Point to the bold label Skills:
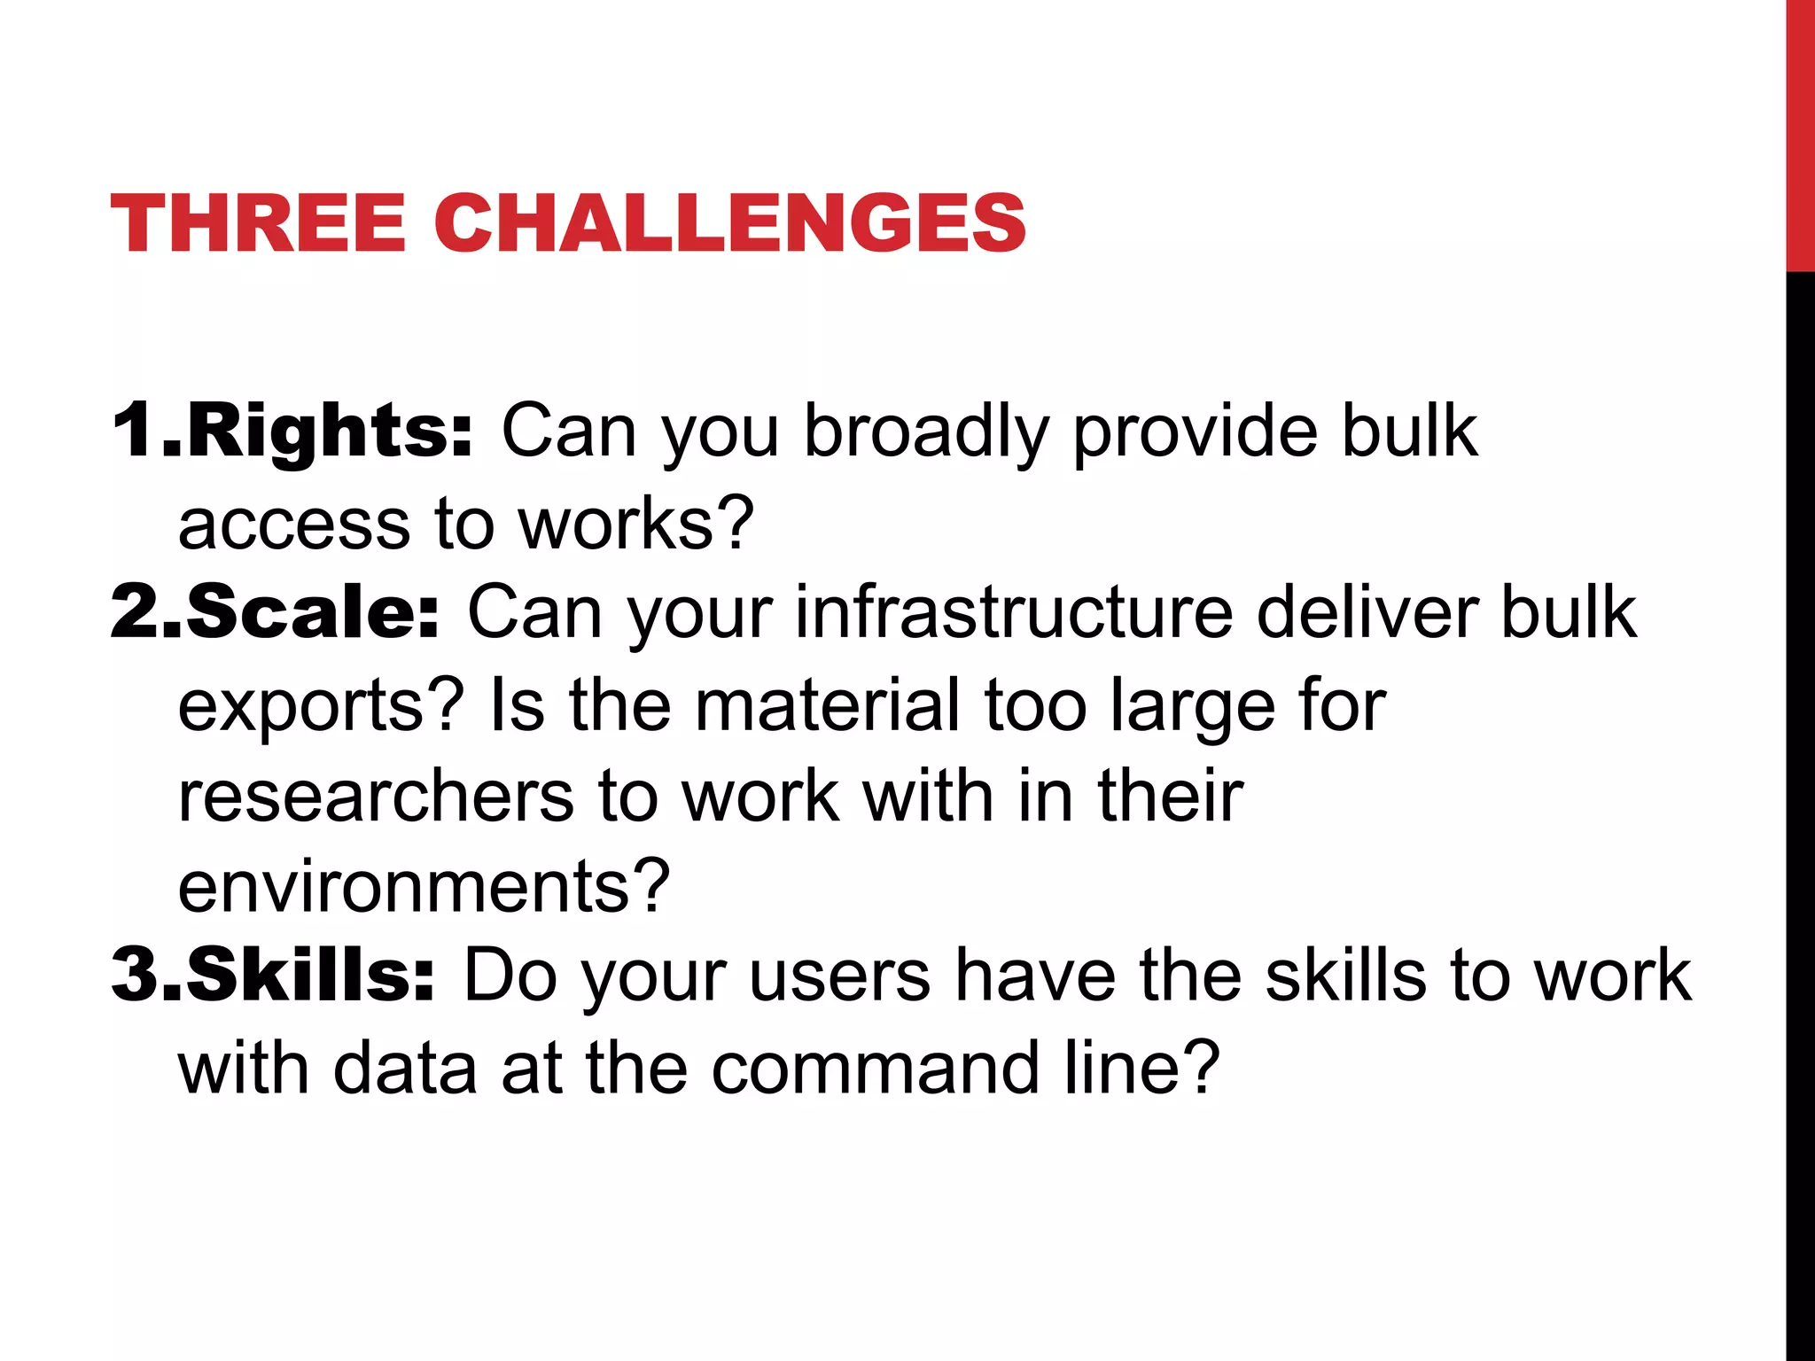pyautogui.click(x=310, y=975)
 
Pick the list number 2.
pyautogui.click(x=136, y=612)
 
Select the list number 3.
pyautogui.click(x=136, y=975)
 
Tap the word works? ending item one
pyautogui.click(x=635, y=524)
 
